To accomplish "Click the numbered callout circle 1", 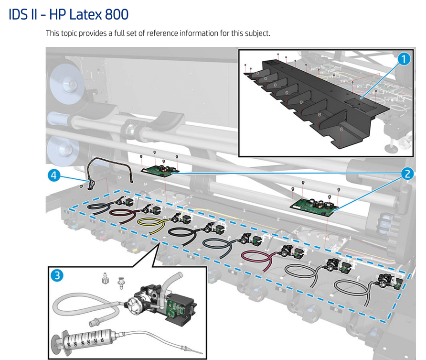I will (404, 59).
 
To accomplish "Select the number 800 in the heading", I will (116, 14).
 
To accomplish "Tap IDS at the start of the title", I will (19, 14).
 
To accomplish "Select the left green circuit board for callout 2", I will (160, 171).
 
